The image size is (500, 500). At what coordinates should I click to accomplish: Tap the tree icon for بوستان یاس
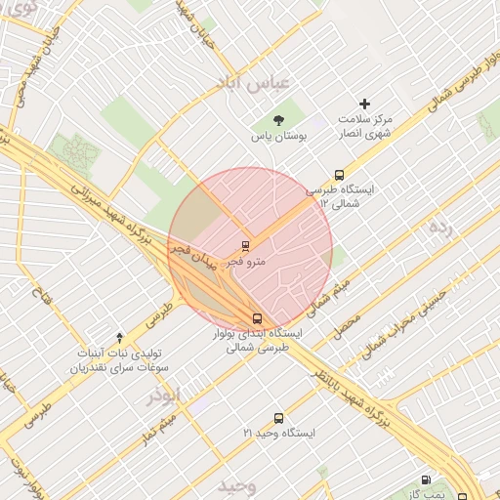coord(279,121)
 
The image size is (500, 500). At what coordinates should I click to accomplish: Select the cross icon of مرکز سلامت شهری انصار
coord(365,104)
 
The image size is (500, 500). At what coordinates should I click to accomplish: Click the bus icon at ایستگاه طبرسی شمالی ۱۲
coord(339,175)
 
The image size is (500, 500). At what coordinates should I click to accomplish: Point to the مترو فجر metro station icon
coord(244,245)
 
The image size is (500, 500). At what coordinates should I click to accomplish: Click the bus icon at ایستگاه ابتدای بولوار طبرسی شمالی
coord(258,318)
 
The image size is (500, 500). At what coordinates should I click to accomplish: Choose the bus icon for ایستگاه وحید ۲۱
coord(278,418)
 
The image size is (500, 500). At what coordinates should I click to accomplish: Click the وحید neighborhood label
coord(237,485)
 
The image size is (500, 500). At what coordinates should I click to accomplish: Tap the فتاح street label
coord(43,293)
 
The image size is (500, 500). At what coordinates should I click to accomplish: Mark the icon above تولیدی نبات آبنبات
coord(119,337)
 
